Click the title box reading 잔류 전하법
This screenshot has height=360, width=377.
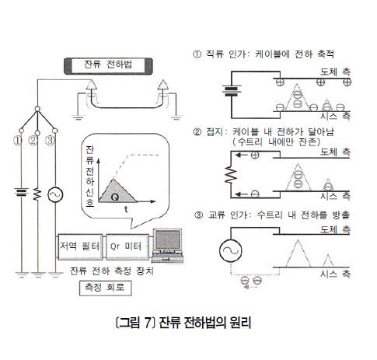tap(108, 66)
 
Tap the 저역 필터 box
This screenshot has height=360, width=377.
tap(80, 246)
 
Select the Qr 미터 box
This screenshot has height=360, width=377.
tap(127, 246)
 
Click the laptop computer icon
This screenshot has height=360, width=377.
tap(168, 245)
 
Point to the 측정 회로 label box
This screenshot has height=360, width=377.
tap(106, 288)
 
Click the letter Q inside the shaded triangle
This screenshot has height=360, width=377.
tap(115, 197)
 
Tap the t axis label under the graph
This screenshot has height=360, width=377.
tap(126, 209)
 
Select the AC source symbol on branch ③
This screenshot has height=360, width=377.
tap(55, 195)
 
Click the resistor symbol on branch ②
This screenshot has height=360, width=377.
tap(37, 194)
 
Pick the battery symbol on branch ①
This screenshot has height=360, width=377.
tap(21, 192)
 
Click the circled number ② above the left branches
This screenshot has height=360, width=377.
tap(33, 141)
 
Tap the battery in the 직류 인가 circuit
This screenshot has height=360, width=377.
tap(232, 90)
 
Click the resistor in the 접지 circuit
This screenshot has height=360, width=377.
tap(231, 174)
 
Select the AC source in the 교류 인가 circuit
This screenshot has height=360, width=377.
tap(231, 250)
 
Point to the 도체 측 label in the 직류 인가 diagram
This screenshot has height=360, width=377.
tap(335, 72)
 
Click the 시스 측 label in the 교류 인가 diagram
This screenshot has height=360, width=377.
tap(335, 274)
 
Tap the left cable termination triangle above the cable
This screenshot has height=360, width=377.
tap(90, 85)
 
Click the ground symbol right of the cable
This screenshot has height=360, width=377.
tap(176, 118)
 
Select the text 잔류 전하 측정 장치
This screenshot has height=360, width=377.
tap(112, 271)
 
